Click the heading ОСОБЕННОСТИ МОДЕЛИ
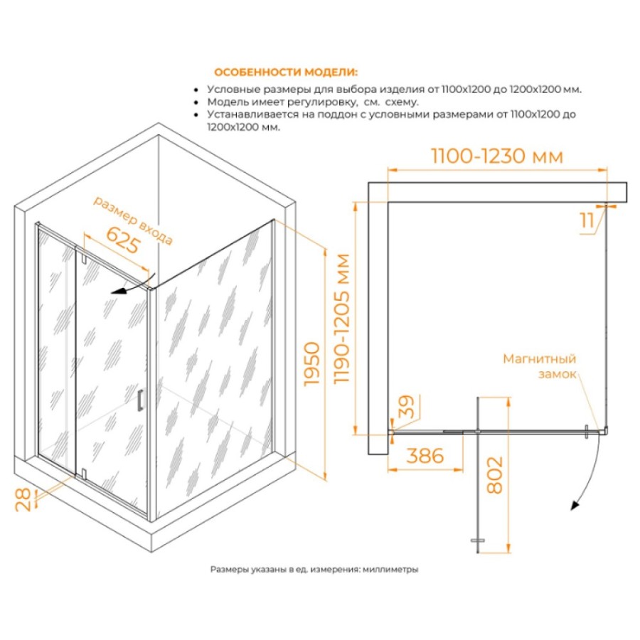[x=286, y=73]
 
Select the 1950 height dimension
[x=312, y=363]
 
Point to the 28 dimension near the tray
[x=23, y=499]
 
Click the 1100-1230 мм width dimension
[x=497, y=156]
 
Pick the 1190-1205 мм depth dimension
[x=342, y=319]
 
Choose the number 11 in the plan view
[x=587, y=221]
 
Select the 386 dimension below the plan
[x=425, y=456]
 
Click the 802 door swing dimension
[x=495, y=475]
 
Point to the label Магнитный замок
[x=540, y=366]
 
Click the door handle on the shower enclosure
[x=140, y=400]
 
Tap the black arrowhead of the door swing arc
[x=575, y=506]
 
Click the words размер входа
[x=133, y=220]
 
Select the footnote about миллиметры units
[x=314, y=569]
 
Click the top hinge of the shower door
[x=83, y=259]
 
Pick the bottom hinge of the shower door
[x=84, y=474]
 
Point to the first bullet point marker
[x=196, y=90]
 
